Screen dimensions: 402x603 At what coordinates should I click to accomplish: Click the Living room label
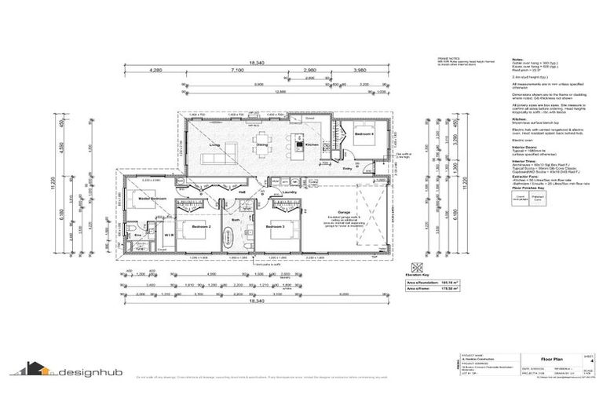click(x=214, y=145)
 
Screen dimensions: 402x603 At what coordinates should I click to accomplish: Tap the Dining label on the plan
click(x=262, y=145)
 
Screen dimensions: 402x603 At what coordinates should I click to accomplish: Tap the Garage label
click(x=343, y=212)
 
